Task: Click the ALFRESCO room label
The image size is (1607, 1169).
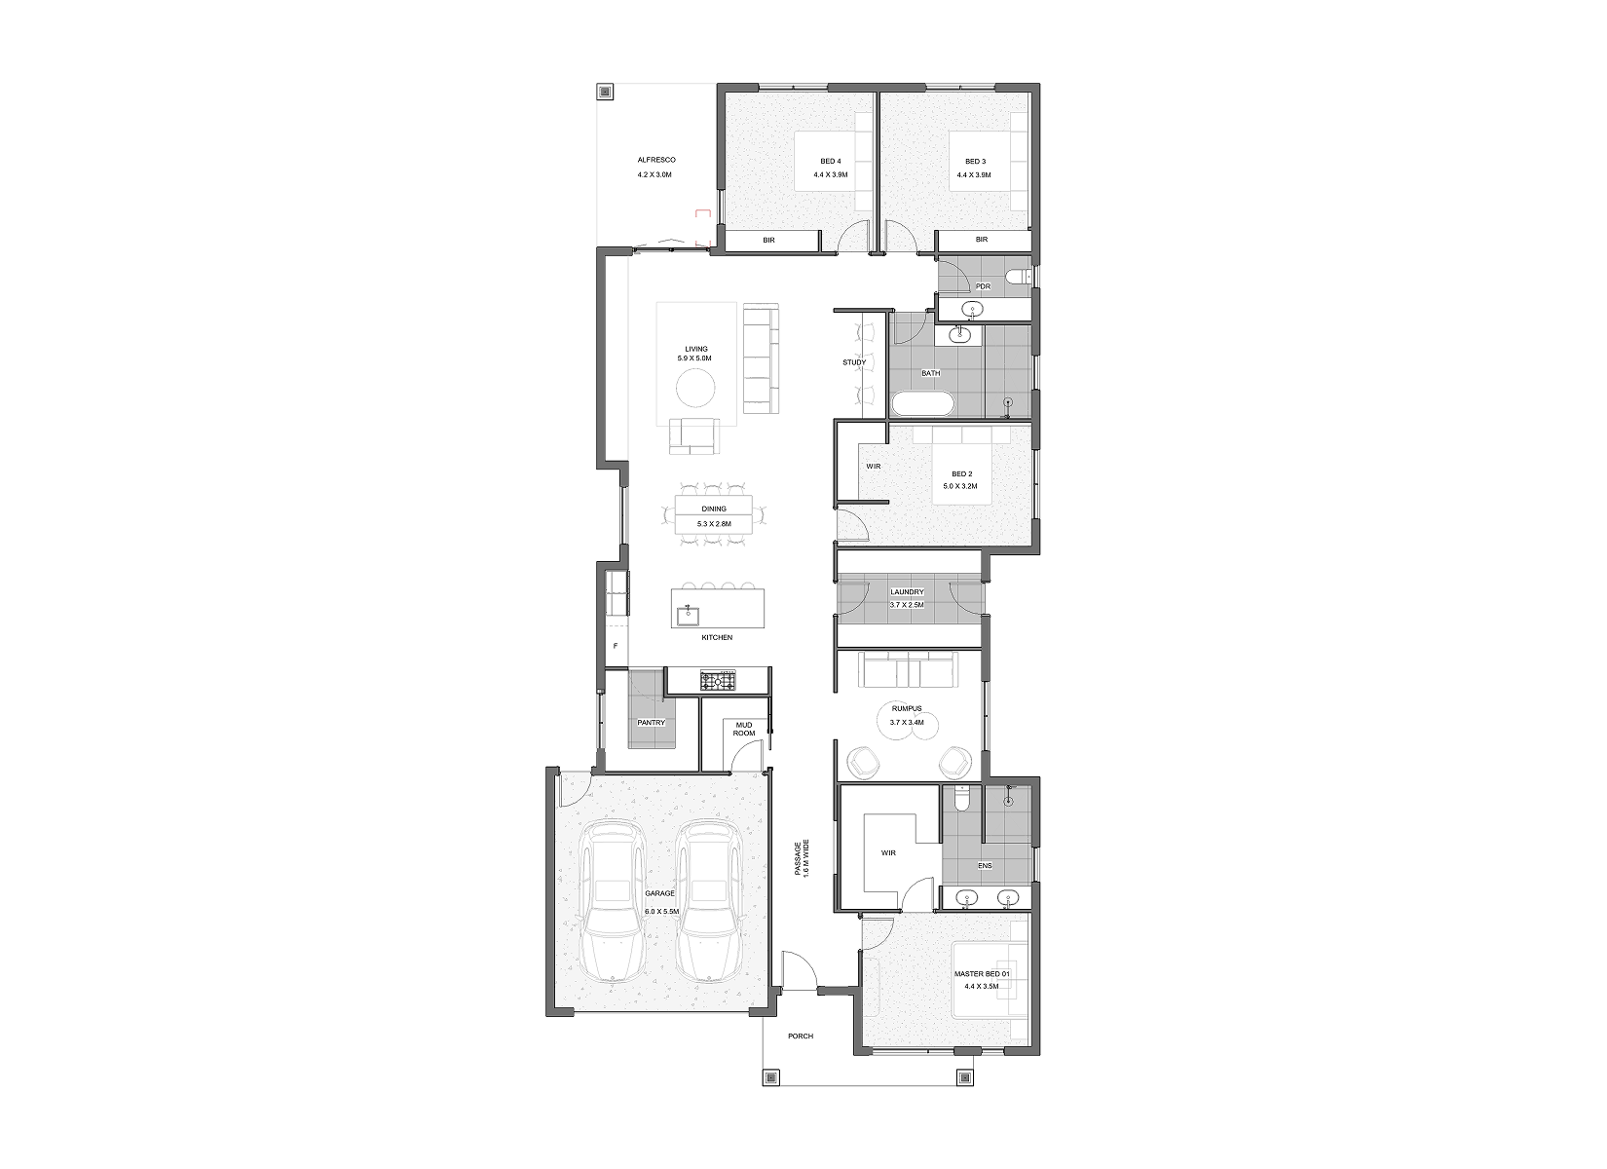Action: pyautogui.click(x=656, y=160)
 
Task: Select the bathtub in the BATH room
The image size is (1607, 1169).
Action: pyautogui.click(x=922, y=403)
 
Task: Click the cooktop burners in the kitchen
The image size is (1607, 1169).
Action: pyautogui.click(x=718, y=681)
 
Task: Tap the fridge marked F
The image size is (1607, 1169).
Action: pyautogui.click(x=616, y=646)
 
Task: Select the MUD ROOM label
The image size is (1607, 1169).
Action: pyautogui.click(x=744, y=729)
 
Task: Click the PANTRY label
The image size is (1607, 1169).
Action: pyautogui.click(x=651, y=723)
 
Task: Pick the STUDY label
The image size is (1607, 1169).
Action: pyautogui.click(x=854, y=362)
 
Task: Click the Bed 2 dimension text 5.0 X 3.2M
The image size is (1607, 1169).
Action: pyautogui.click(x=960, y=486)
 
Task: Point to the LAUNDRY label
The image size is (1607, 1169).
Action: pyautogui.click(x=907, y=592)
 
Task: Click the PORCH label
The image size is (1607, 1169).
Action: pyautogui.click(x=801, y=1037)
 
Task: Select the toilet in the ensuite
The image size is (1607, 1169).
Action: pyautogui.click(x=962, y=797)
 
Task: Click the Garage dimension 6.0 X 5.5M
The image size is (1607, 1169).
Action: pyautogui.click(x=661, y=911)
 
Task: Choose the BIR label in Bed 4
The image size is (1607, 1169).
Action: pyautogui.click(x=768, y=240)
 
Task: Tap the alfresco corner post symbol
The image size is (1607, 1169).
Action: pyautogui.click(x=605, y=92)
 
